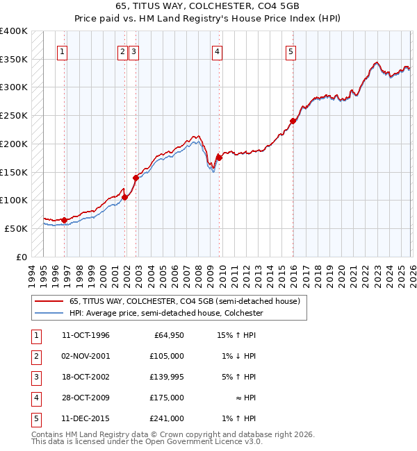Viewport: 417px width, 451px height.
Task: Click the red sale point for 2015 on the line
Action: click(293, 121)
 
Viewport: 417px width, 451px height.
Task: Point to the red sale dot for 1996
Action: click(64, 220)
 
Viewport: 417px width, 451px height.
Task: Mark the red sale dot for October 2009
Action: click(219, 158)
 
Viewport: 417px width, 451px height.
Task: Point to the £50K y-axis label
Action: click(16, 228)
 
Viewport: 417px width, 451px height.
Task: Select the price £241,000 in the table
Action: click(167, 418)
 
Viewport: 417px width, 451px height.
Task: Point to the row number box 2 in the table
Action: click(35, 356)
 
